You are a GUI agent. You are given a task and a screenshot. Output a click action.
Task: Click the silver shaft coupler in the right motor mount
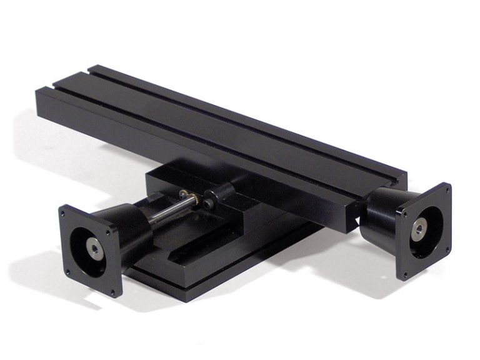pos(417,229)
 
